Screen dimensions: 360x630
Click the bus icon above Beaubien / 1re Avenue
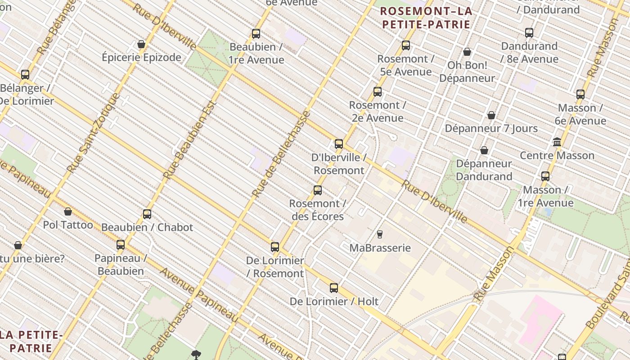256,34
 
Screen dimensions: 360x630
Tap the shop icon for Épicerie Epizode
141,44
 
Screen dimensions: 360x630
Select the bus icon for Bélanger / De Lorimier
25,75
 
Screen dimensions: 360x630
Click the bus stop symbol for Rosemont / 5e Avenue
406,45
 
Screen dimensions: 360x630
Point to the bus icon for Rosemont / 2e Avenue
378,92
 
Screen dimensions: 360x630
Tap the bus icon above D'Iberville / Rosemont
339,144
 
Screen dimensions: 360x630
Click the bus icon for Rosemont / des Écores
318,190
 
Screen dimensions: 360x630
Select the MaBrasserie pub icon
380,234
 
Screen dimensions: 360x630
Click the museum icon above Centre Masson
557,142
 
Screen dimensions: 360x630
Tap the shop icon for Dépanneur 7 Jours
491,115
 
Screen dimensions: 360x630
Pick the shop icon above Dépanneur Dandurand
484,150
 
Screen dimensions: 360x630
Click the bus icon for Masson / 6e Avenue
580,94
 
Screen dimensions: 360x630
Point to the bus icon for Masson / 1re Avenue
545,176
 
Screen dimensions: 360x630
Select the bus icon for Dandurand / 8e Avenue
529,33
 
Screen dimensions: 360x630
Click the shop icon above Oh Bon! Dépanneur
467,52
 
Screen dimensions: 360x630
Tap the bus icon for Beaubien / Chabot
147,214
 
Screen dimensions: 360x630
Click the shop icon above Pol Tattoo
68,211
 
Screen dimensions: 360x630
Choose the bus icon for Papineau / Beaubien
121,245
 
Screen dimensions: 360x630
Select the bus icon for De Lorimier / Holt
334,288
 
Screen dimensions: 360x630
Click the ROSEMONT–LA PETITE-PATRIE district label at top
426,18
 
